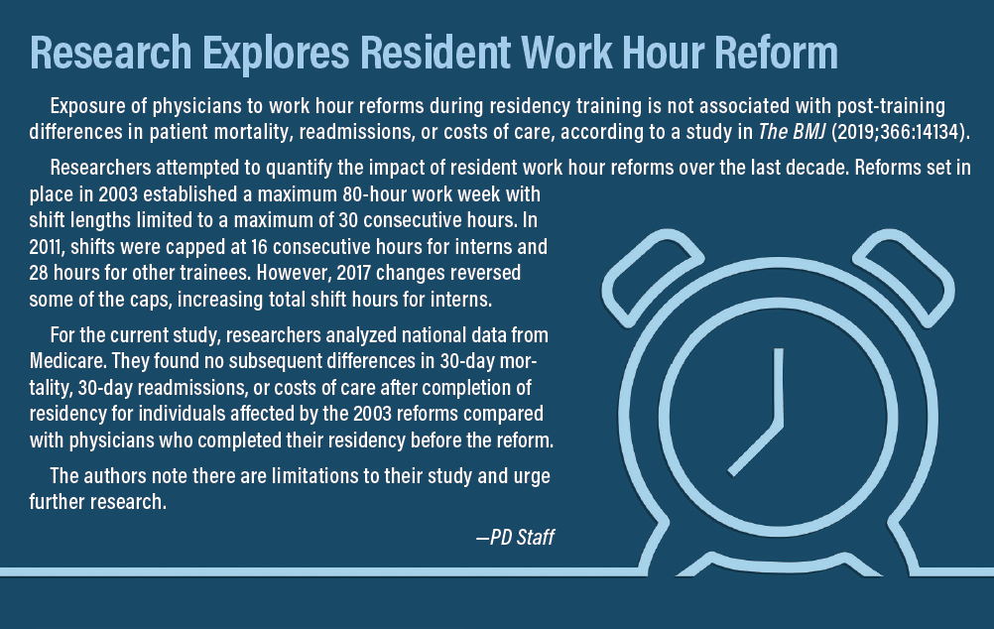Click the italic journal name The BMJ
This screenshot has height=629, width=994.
792,131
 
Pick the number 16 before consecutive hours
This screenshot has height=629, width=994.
259,246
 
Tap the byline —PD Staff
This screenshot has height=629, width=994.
516,537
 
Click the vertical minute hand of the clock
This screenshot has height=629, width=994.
779,387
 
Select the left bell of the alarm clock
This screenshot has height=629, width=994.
653,277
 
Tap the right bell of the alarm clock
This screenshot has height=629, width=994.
904,277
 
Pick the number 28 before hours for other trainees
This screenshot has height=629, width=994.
38,273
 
